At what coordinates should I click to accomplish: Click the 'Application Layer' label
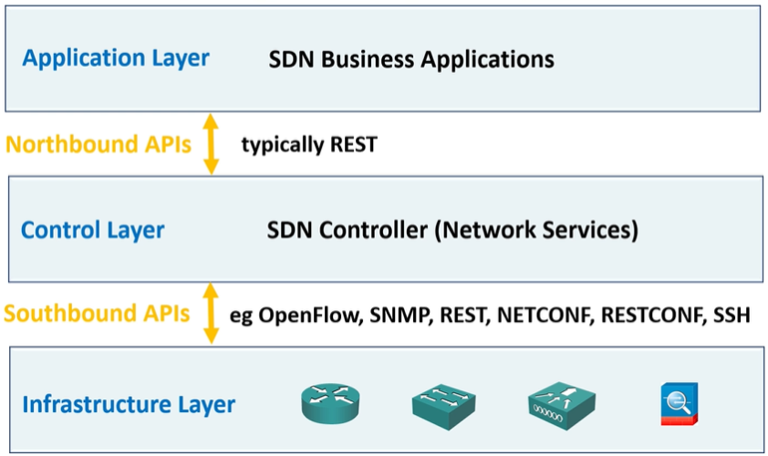pyautogui.click(x=116, y=58)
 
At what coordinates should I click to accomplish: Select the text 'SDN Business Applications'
pyautogui.click(x=410, y=59)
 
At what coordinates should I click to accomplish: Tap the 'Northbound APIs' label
pyautogui.click(x=98, y=144)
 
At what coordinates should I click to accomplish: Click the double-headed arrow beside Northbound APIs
pyautogui.click(x=212, y=143)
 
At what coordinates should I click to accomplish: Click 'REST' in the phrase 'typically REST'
pyautogui.click(x=351, y=144)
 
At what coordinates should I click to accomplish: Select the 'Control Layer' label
pyautogui.click(x=93, y=230)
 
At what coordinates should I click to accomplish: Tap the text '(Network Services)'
pyautogui.click(x=536, y=230)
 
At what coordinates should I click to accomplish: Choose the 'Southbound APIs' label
pyautogui.click(x=97, y=314)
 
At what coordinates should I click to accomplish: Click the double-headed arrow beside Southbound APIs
pyautogui.click(x=212, y=314)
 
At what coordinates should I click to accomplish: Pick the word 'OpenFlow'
pyautogui.click(x=311, y=316)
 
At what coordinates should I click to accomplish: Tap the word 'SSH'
pyautogui.click(x=731, y=316)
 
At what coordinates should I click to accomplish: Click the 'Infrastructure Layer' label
pyautogui.click(x=129, y=404)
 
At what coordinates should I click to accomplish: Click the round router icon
pyautogui.click(x=330, y=403)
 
